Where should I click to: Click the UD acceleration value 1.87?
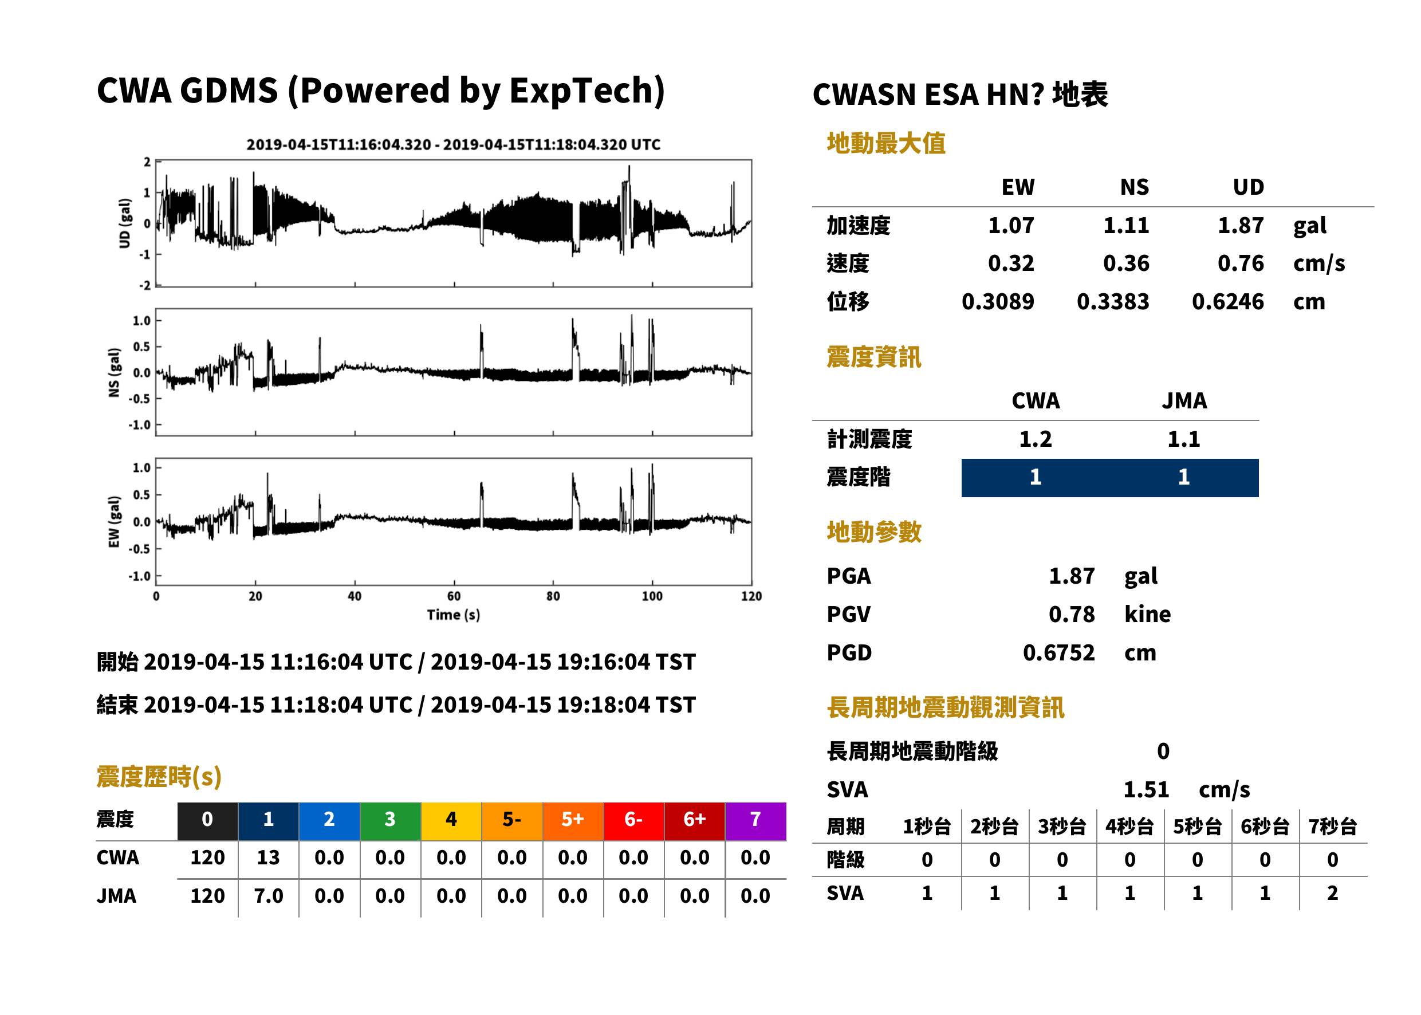pos(1241,225)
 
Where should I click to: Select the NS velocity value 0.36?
pos(1126,263)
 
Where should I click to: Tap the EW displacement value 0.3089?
pos(998,301)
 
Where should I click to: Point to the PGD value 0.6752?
pos(1058,652)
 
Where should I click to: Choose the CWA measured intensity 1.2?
pos(1036,439)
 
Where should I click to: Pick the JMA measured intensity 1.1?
pos(1183,439)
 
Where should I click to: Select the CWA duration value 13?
pos(268,857)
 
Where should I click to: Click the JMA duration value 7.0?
pos(268,896)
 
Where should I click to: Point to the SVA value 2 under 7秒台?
pos(1332,893)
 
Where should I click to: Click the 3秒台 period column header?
pos(1062,827)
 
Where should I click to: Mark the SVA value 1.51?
pos(1146,789)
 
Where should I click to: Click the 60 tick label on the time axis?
pos(454,596)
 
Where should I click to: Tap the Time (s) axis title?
pos(454,615)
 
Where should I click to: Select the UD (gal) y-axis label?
pos(125,223)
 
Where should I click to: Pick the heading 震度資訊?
pos(873,357)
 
